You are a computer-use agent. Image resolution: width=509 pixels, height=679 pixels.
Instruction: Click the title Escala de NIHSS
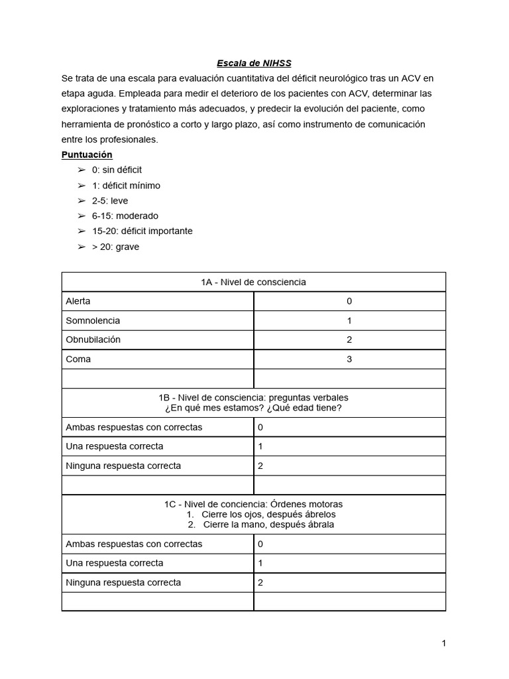(254, 64)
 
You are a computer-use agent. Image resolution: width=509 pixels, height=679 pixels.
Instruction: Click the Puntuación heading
(87, 154)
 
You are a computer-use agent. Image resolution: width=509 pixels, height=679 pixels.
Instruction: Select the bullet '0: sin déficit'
(117, 170)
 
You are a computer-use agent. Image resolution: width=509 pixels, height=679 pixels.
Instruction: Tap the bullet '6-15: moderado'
(125, 216)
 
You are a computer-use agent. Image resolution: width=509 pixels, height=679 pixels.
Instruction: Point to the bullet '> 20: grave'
(116, 247)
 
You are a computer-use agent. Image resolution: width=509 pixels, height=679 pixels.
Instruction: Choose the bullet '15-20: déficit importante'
(142, 231)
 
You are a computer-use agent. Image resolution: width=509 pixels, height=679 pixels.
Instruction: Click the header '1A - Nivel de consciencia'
(253, 282)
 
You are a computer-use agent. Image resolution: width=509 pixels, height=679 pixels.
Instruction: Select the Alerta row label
(78, 301)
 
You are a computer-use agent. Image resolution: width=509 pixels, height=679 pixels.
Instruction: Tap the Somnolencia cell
(93, 320)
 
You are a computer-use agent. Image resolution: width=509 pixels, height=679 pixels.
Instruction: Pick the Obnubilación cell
(93, 339)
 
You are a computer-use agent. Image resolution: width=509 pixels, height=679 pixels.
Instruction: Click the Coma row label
(78, 359)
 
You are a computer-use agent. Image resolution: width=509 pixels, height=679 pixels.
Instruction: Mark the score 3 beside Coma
(349, 359)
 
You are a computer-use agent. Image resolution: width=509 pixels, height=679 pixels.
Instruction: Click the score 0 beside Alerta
(349, 301)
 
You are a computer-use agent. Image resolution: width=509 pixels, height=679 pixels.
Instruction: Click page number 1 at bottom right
(443, 643)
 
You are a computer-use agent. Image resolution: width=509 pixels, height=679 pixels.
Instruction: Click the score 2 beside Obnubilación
(349, 339)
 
